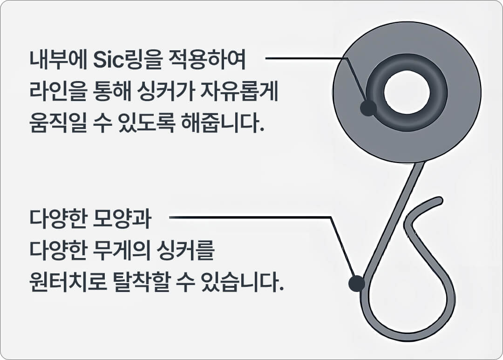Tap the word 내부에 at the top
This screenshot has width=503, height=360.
click(x=58, y=60)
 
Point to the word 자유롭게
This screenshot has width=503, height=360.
click(x=238, y=91)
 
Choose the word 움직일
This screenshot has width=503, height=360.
click(x=58, y=123)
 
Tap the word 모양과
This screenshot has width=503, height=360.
click(x=122, y=218)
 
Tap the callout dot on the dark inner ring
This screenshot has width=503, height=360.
click(x=368, y=108)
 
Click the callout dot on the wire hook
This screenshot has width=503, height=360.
click(x=356, y=284)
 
